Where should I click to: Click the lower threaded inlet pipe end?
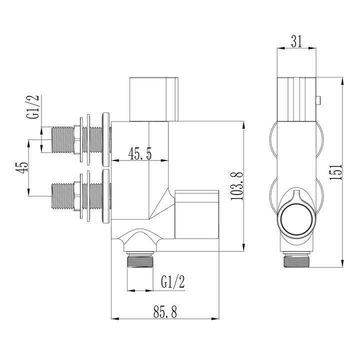63,195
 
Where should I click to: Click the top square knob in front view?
154,99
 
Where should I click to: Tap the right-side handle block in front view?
197,213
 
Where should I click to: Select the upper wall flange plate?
105,138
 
